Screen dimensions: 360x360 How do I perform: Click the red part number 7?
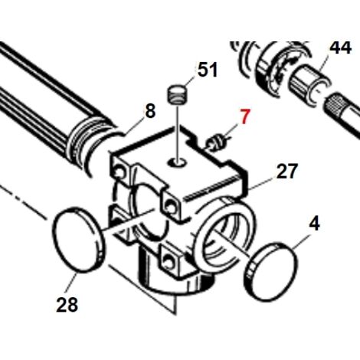[x=244, y=116]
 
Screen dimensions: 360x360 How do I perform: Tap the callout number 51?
[x=208, y=69]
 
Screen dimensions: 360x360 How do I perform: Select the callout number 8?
[x=150, y=111]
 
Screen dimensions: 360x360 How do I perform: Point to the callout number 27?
[x=287, y=171]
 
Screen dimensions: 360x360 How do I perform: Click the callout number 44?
[x=340, y=47]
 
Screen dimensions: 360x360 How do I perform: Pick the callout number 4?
[x=314, y=223]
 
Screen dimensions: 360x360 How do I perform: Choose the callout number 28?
[x=67, y=304]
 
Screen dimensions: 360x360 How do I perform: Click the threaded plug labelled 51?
[x=178, y=94]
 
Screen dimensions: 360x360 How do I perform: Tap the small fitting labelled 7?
[x=217, y=142]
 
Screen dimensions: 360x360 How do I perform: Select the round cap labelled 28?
[x=78, y=240]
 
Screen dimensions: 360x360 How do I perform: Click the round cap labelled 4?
[x=271, y=272]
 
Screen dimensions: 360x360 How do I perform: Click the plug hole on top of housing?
[x=178, y=162]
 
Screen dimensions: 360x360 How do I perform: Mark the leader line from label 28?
[x=70, y=283]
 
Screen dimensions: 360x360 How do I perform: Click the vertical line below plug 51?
[x=178, y=132]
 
